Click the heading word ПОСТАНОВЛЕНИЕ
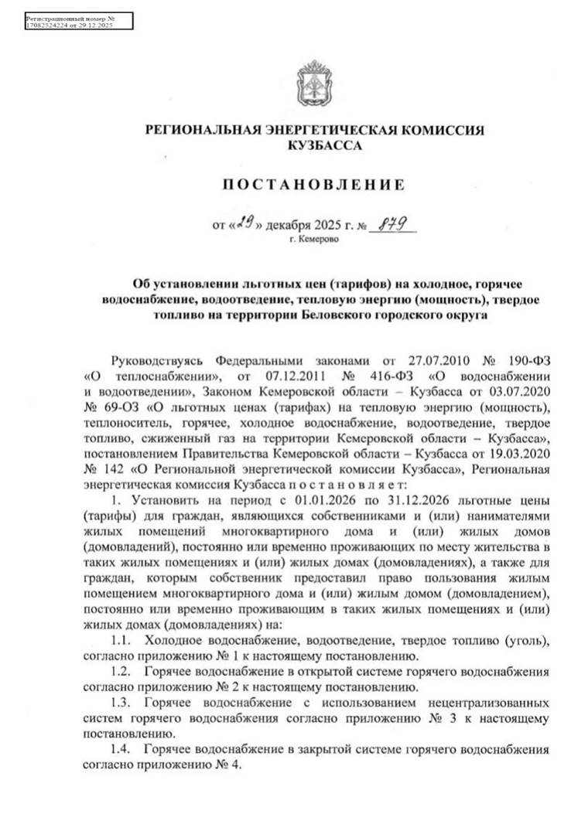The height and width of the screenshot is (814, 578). (x=314, y=185)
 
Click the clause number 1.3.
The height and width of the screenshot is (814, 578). (x=121, y=704)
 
